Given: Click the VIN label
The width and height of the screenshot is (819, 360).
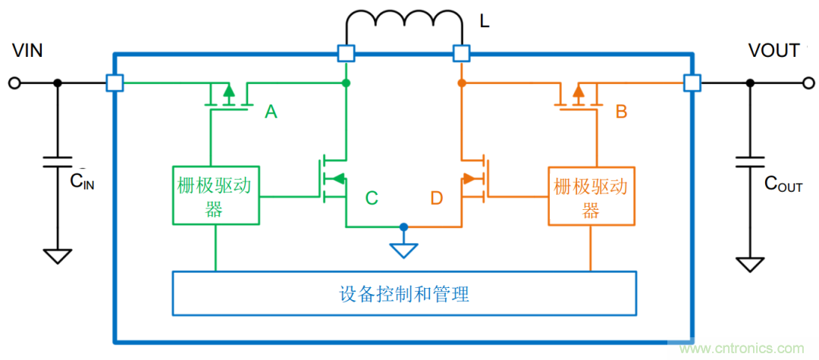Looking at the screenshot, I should point(27,51).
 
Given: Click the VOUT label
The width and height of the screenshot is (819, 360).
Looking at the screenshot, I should point(773,51).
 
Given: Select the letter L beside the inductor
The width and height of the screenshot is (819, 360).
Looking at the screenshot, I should point(485,21).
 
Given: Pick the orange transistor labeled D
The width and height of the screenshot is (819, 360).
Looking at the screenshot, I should point(475,179).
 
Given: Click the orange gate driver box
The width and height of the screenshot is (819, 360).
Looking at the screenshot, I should point(591,195).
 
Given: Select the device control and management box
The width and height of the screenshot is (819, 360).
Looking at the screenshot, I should point(403,293).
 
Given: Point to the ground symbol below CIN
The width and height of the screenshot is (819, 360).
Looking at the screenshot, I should point(57,255).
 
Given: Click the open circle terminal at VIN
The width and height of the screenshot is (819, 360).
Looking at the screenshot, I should point(14,83).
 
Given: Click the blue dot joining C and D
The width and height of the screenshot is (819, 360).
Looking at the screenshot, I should point(403,227).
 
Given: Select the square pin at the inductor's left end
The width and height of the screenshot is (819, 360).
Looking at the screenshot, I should point(346,53).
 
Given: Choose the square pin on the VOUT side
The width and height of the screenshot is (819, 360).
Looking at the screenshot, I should point(691,83).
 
